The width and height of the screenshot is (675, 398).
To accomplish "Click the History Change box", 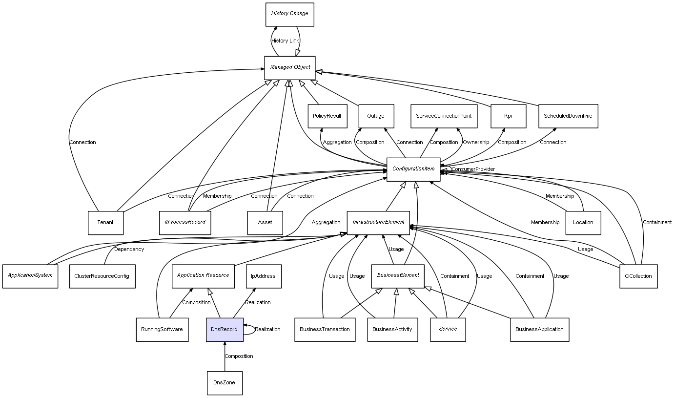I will point(289,14).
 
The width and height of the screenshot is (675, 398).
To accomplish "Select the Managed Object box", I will point(290,67).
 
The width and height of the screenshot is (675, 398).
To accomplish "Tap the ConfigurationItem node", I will point(413,169).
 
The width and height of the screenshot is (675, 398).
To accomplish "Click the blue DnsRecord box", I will point(225,329).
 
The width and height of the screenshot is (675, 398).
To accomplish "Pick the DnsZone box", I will point(224,383).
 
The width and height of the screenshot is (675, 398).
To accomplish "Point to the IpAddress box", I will point(263,276).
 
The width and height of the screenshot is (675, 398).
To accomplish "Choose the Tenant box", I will point(105,223).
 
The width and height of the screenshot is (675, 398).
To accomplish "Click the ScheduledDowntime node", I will point(568,116).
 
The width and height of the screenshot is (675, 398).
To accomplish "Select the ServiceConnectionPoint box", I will point(444,116).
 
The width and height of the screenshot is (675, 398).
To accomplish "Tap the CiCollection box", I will point(638,276).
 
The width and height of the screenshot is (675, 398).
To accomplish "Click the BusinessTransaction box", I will point(325,329).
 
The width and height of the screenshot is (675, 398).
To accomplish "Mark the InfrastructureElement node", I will point(379,222).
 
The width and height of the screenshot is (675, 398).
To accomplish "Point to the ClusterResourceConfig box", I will point(102,276).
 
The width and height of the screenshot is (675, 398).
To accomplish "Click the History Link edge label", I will point(285,41).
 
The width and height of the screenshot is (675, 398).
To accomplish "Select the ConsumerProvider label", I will point(473,169).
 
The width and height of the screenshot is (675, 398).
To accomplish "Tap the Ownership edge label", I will point(475,143).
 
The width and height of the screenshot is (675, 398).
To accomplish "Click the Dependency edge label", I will point(129,250).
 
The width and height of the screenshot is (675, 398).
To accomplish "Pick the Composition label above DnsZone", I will point(239,356).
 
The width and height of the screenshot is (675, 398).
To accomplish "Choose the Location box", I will point(583,223).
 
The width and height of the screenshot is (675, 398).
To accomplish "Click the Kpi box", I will point(508,116).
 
